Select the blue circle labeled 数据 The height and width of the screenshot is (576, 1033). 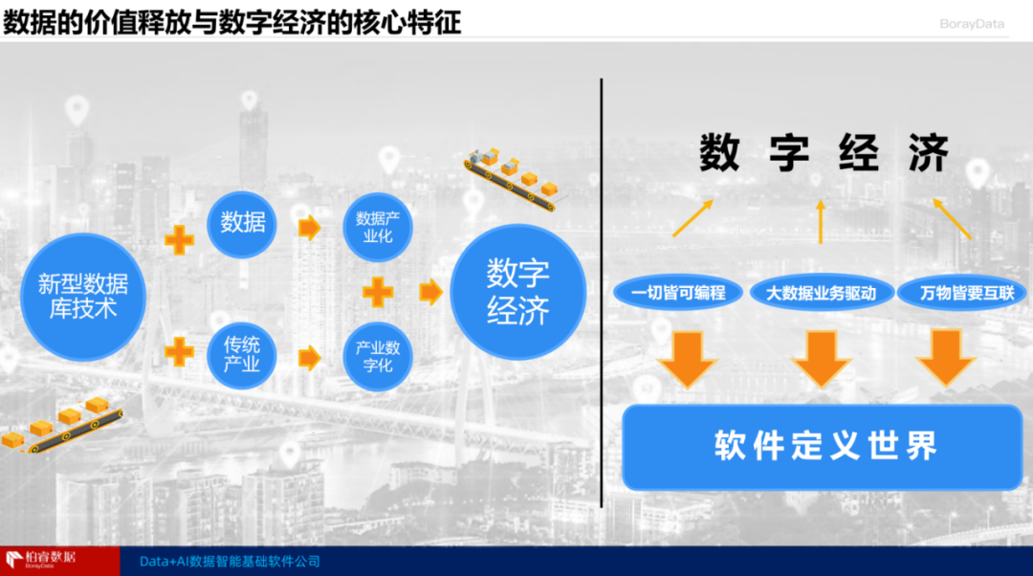pos(242,224)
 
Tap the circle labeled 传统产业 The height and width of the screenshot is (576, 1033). pos(241,354)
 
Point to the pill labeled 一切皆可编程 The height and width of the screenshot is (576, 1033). pos(678,293)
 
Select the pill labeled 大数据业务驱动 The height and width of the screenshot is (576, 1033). pos(822,293)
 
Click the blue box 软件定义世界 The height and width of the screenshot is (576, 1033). pos(824,446)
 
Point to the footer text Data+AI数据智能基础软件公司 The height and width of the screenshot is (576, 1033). pos(230,562)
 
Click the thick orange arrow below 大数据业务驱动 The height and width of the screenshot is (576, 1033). pos(822,358)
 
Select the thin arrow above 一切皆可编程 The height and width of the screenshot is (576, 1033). pos(692,218)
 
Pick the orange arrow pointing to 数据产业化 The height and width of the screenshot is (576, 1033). pos(308,228)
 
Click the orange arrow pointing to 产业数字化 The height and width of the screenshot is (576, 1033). pos(308,357)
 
